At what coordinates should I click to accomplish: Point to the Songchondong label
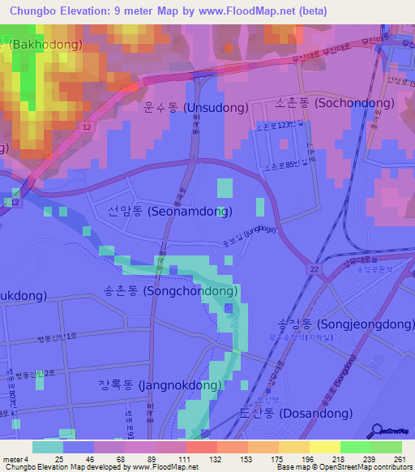170,290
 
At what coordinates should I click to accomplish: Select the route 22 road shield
312,268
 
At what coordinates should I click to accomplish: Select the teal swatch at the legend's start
47,447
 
